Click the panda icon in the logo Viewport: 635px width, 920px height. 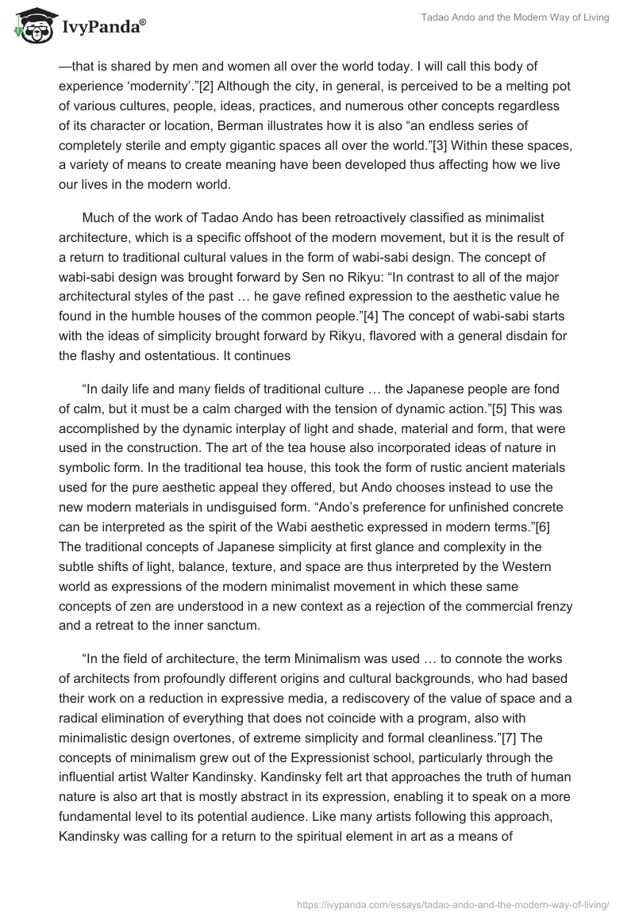32,27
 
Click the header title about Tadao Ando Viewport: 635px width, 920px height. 515,18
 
